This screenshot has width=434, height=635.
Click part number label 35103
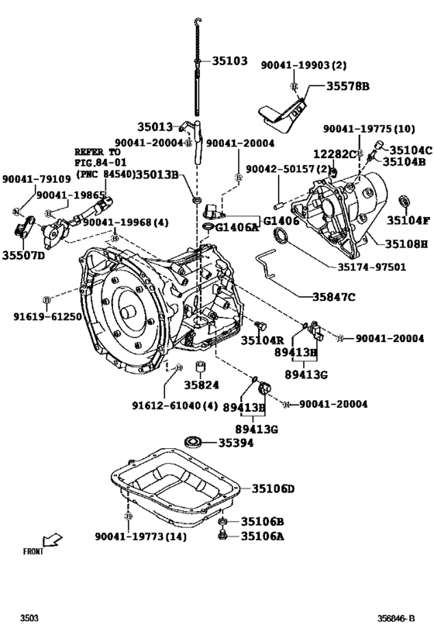(229, 59)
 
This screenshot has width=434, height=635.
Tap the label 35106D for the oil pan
(272, 488)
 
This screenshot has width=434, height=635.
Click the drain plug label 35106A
(262, 535)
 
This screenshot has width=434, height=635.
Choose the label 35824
(201, 385)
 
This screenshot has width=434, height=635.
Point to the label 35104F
(408, 220)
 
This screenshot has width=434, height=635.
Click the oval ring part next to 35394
(193, 443)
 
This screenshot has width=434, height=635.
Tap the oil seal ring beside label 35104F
(404, 203)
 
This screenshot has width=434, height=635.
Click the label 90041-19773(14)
(140, 537)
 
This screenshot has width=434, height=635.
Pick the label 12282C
(334, 154)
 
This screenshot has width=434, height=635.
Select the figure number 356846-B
(396, 618)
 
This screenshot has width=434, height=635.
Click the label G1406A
(236, 227)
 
